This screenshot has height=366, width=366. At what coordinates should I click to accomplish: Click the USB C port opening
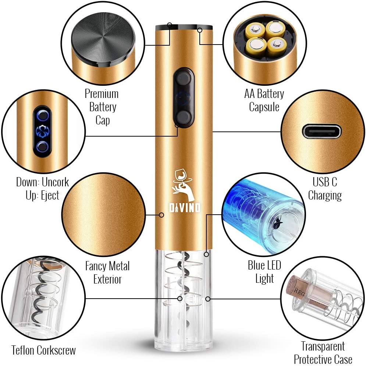point(321,131)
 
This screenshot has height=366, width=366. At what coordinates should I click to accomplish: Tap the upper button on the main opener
point(184,78)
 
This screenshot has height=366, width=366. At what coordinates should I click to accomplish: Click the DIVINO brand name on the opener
point(185,208)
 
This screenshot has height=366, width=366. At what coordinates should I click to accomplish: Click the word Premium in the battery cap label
point(102,94)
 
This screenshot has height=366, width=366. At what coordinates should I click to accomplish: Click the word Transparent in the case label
point(323,346)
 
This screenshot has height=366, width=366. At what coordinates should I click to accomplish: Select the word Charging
point(325,196)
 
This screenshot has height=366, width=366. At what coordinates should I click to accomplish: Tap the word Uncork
point(55,182)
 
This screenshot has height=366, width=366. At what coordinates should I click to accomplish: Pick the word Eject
point(50,196)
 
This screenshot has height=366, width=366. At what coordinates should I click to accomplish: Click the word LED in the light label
point(273,265)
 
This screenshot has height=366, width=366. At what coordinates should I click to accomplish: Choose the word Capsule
point(264,107)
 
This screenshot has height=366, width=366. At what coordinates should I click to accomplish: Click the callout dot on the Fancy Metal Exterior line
point(161,215)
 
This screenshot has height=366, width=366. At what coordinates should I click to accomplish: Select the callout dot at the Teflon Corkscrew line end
point(180,299)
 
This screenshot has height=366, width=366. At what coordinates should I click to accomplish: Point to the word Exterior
point(108,279)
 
